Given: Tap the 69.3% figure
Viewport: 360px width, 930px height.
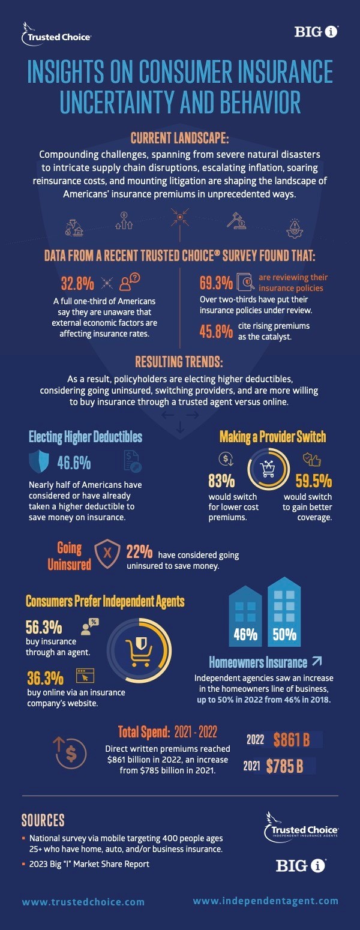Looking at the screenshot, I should click(216, 282).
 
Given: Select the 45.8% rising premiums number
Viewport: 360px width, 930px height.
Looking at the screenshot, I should click(216, 331).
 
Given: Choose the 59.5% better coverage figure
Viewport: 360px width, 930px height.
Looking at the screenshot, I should click(314, 481).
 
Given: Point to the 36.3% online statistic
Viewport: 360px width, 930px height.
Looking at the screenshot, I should click(46, 678).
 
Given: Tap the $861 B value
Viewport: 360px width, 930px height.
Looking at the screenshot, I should click(291, 739).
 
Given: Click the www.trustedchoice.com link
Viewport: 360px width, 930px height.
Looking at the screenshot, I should click(83, 901).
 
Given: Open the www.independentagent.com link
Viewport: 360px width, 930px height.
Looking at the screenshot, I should click(265, 901).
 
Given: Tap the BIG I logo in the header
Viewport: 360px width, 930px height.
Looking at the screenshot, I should click(317, 32).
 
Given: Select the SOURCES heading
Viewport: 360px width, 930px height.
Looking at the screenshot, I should click(43, 820).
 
